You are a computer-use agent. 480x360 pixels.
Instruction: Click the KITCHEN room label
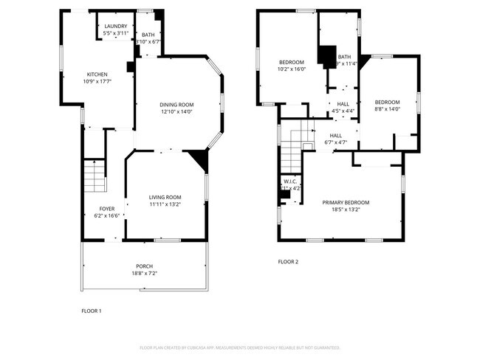pos(97,75)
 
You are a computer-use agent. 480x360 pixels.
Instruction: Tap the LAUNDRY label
pos(116,26)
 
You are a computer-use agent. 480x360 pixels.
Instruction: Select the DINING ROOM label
pos(176,105)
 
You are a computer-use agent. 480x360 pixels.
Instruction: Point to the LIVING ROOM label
pos(165,197)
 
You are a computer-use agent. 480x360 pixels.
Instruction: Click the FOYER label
pos(107,210)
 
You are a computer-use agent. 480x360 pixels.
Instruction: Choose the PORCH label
pos(144,266)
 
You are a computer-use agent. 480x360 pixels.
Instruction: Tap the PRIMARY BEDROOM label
pos(346,202)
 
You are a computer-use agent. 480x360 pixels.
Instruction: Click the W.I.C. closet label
pos(290,181)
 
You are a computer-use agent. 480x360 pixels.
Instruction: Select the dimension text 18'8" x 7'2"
pos(144,274)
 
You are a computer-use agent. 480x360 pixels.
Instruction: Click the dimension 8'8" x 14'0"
pos(387,108)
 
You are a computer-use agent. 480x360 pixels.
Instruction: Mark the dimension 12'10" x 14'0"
pos(176,111)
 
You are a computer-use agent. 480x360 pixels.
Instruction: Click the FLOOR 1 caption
pos(91,311)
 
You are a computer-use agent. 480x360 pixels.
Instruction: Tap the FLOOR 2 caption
pos(289,261)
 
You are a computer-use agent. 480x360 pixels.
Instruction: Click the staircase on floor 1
pos(94,178)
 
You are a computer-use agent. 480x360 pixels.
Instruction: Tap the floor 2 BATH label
pos(345,57)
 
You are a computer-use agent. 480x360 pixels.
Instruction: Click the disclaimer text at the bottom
pos(240,347)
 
